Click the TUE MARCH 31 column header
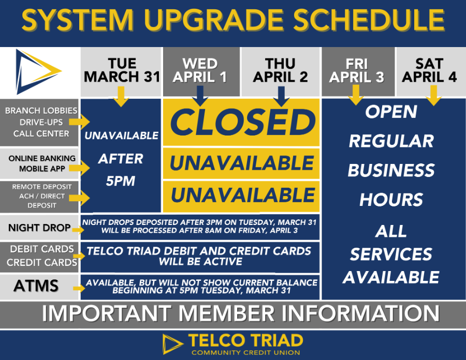pyautogui.click(x=122, y=70)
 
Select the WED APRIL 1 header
pyautogui.click(x=200, y=70)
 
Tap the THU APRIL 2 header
pyautogui.click(x=280, y=70)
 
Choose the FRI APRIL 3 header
pyautogui.click(x=357, y=70)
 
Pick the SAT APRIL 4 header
pyautogui.click(x=429, y=70)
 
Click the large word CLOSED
pyautogui.click(x=242, y=122)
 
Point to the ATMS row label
pyautogui.click(x=36, y=286)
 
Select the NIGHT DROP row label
pyautogui.click(x=39, y=228)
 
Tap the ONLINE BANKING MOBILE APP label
pyautogui.click(x=42, y=163)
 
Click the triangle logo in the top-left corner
pyautogui.click(x=38, y=71)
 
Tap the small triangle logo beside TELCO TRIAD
pyautogui.click(x=172, y=344)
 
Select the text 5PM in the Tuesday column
pyautogui.click(x=120, y=181)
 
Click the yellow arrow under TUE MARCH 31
pyautogui.click(x=121, y=96)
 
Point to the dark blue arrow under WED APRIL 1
pyautogui.click(x=200, y=96)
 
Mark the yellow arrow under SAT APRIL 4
pyautogui.click(x=433, y=96)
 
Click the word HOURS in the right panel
pyautogui.click(x=391, y=200)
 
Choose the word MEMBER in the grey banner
pyautogui.click(x=226, y=313)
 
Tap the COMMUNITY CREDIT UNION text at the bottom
pyautogui.click(x=246, y=353)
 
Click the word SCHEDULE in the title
pyautogui.click(x=369, y=20)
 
